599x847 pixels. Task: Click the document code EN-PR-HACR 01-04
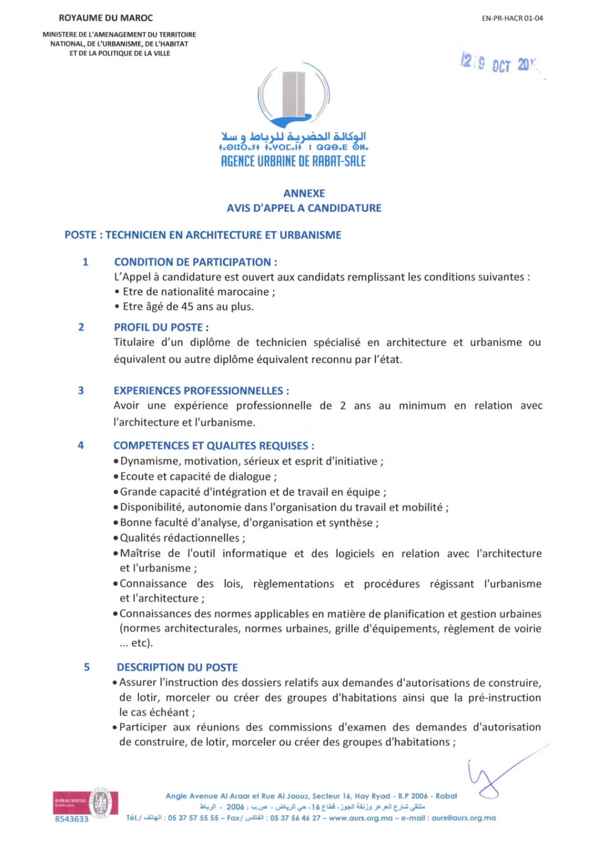point(512,18)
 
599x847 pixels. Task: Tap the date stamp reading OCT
point(500,65)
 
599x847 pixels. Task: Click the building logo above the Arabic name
point(293,96)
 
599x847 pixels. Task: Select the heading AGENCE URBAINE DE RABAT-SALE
point(293,161)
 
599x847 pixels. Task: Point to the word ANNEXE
point(304,193)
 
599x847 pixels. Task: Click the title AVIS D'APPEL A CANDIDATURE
point(304,208)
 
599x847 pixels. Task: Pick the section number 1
point(85,262)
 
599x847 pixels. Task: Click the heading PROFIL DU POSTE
point(158,327)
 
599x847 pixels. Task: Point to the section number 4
point(81,445)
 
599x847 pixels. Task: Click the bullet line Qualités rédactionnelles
point(182,538)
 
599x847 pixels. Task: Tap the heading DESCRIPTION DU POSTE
point(177,668)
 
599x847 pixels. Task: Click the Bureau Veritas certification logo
point(85,803)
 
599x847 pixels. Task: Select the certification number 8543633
point(71,819)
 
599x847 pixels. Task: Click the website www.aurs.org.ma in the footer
point(361,818)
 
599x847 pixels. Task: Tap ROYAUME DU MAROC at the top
point(106,18)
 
